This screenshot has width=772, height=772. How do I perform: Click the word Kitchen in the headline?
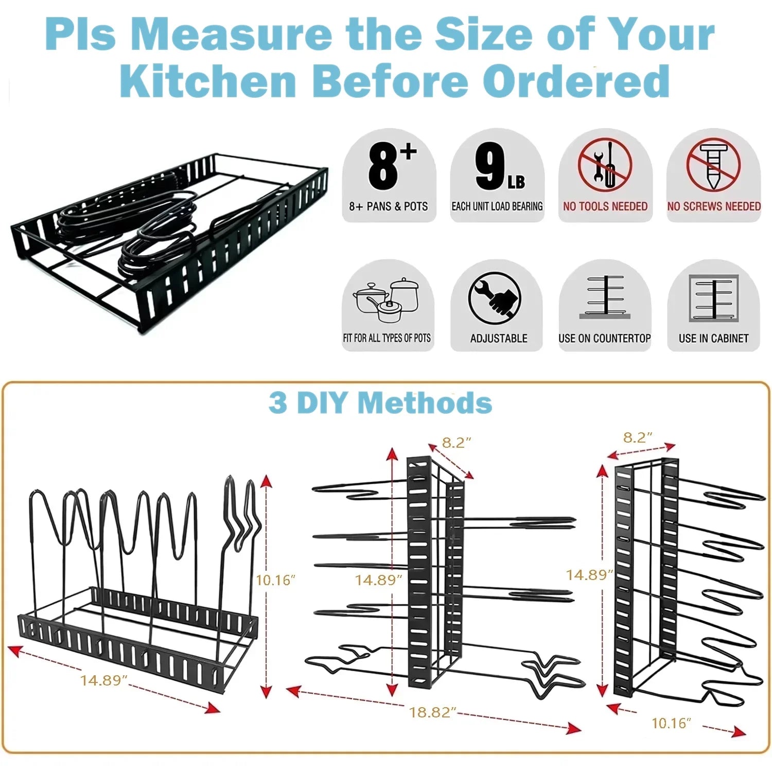(x=208, y=81)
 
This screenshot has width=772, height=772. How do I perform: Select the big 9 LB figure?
(x=499, y=166)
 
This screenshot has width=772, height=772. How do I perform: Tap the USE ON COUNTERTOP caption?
(x=605, y=339)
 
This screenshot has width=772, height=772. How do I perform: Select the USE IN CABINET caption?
(x=713, y=339)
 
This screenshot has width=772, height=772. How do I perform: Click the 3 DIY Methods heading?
(x=380, y=402)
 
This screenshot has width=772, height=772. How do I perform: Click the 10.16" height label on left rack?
(x=275, y=580)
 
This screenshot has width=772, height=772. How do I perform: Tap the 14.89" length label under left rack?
(x=103, y=680)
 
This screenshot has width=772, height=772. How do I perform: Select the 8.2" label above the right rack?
(x=638, y=437)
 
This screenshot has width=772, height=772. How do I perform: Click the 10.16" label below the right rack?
(x=671, y=723)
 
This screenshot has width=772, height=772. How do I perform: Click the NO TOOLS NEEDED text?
(x=605, y=206)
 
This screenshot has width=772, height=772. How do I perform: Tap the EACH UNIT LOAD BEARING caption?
(x=497, y=206)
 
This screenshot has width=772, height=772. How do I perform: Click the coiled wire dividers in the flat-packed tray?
(x=129, y=226)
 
